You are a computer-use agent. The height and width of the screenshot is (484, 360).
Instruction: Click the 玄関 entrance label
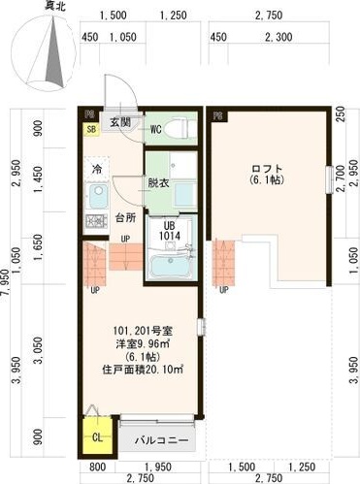(x=120, y=121)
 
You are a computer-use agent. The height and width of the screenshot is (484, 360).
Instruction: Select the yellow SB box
(x=91, y=129)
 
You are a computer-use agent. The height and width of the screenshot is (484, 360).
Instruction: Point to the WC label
(x=155, y=127)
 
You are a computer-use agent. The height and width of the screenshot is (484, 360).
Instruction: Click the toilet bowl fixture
(x=179, y=126)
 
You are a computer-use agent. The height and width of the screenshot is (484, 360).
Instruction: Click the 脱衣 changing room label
(x=158, y=181)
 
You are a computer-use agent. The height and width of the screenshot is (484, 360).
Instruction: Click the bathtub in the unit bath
(x=171, y=265)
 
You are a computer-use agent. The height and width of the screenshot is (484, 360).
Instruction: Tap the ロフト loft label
(x=263, y=167)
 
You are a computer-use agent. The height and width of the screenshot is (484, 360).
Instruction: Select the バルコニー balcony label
(x=159, y=439)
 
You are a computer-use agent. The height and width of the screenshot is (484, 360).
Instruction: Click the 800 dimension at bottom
(x=86, y=465)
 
